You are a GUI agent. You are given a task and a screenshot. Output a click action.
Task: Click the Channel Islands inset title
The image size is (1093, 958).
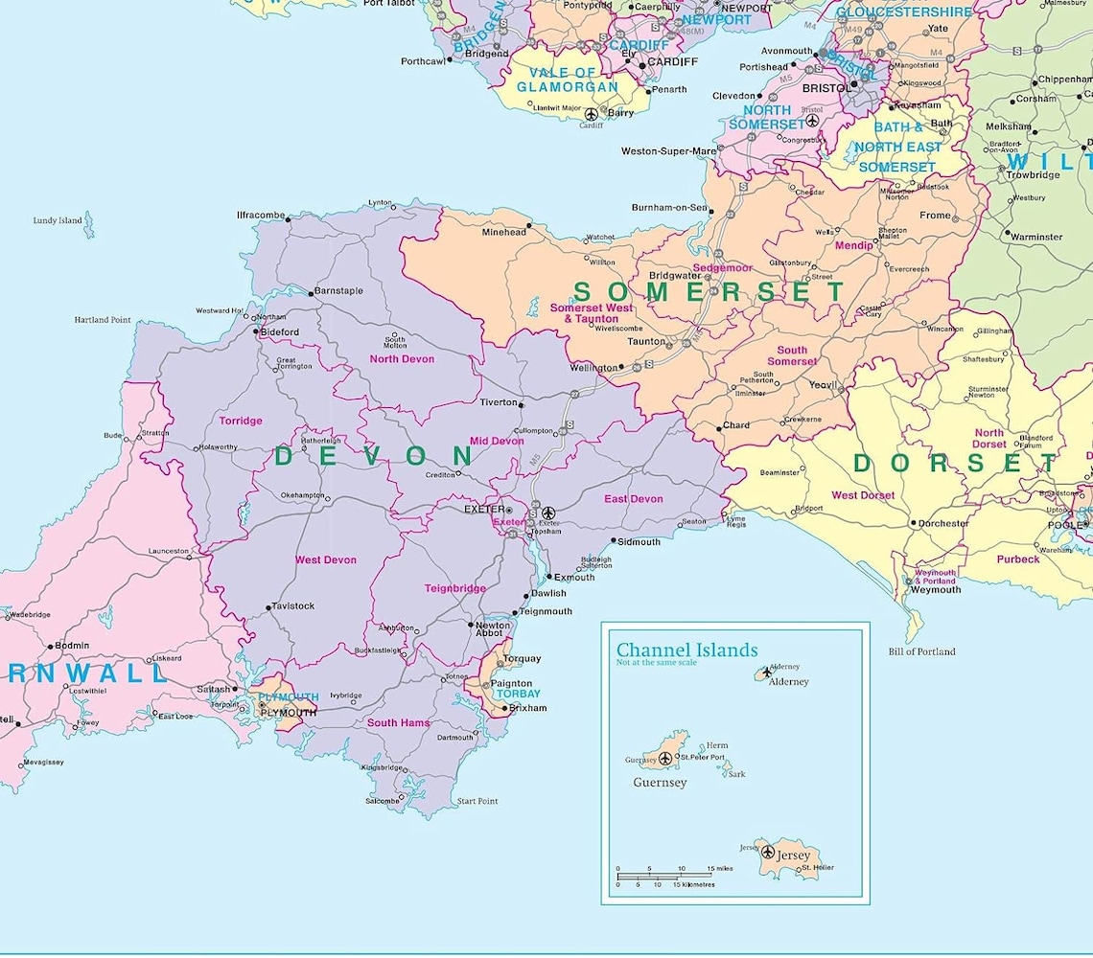(686, 650)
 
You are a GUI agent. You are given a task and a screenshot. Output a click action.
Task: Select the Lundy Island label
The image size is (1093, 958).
(58, 220)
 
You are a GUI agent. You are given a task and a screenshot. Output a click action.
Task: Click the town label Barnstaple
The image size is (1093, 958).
(338, 290)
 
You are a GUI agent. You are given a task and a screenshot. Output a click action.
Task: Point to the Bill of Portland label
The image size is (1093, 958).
(921, 651)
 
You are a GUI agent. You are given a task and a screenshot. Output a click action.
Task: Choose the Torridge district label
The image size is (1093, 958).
(240, 421)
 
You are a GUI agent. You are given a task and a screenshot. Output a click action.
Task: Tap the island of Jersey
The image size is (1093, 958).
(784, 856)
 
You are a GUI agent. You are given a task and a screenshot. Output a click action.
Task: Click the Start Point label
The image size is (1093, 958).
(477, 801)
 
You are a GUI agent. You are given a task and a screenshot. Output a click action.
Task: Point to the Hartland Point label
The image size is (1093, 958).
(103, 320)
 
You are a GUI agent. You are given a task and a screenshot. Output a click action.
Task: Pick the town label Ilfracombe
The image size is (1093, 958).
(261, 216)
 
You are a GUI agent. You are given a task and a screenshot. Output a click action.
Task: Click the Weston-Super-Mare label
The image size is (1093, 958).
(668, 151)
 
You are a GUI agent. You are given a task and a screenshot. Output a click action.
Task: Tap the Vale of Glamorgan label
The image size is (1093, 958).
(568, 80)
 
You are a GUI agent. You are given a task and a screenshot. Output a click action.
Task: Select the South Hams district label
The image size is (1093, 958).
(398, 722)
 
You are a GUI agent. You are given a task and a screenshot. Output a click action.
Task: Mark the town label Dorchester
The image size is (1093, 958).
(943, 524)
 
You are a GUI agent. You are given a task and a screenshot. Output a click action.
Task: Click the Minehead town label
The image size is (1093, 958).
(503, 232)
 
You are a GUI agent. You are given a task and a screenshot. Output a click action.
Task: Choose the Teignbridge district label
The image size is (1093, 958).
(455, 588)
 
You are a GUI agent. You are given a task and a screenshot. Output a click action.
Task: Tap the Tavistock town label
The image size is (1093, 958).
(293, 605)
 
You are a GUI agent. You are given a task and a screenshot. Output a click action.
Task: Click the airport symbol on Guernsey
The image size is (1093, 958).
(665, 759)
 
